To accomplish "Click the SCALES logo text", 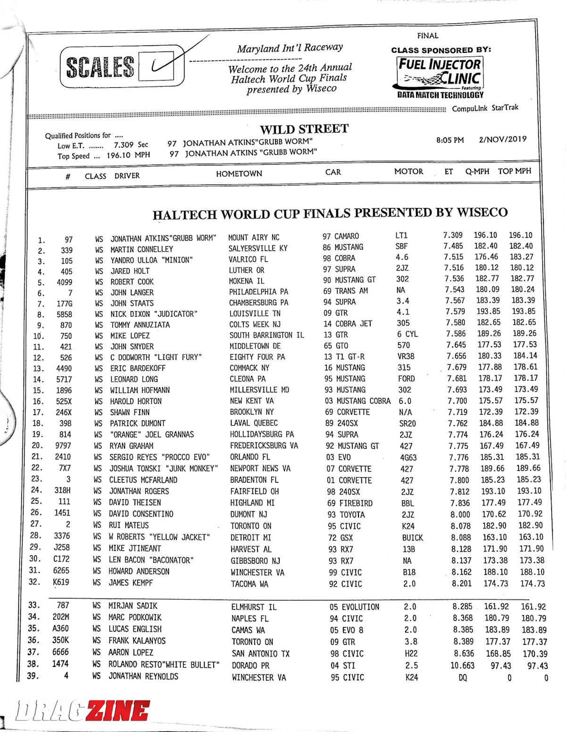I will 100,67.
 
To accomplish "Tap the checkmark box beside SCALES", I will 162,66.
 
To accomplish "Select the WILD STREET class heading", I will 304,129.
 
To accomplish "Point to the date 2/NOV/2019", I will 502,139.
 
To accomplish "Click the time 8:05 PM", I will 450,140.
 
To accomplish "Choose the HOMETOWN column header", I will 239,174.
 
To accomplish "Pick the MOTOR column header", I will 408,172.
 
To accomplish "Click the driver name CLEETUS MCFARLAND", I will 143,480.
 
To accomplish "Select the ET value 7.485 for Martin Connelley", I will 453,246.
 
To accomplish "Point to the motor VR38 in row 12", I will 406,357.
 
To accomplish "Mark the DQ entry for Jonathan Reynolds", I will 463,677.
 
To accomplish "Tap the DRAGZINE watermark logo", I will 83,711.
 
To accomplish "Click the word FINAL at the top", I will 427,36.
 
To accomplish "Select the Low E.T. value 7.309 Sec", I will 131,145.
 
